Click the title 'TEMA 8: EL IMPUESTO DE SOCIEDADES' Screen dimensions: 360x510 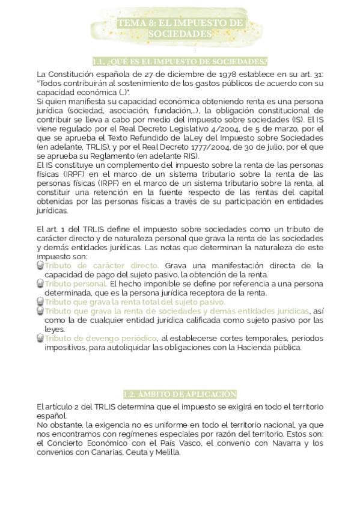[x=180, y=28]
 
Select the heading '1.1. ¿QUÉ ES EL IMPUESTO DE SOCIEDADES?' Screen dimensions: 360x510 [x=180, y=61]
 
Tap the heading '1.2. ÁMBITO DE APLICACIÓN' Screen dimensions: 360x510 [x=180, y=395]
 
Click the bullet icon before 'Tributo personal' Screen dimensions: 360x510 [x=40, y=283]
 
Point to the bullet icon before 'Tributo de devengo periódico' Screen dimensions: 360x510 [x=40, y=338]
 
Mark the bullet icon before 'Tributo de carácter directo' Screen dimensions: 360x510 [x=40, y=265]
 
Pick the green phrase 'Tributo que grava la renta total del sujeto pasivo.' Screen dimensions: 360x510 [x=135, y=301]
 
